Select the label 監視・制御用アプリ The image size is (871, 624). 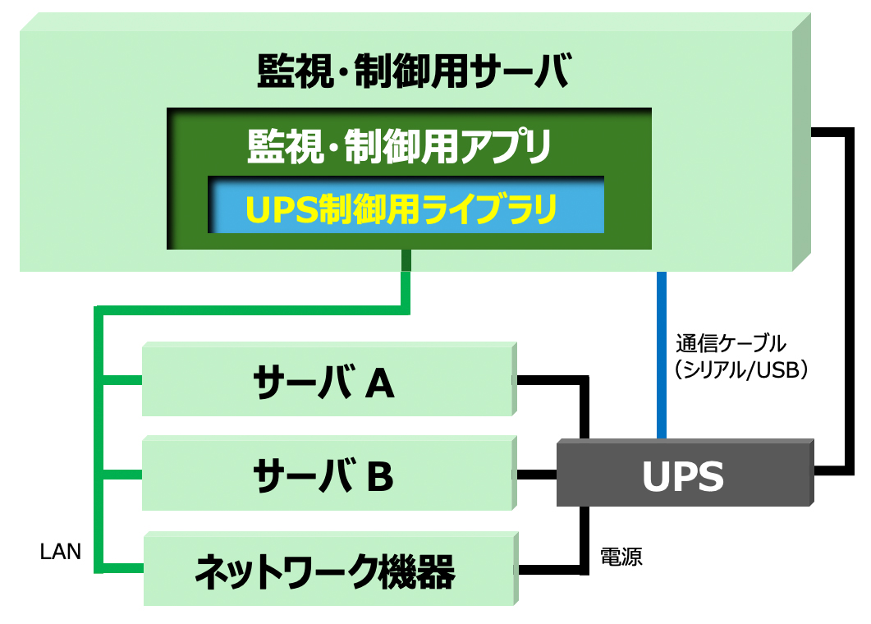(x=399, y=147)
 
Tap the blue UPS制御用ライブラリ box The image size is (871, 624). (x=406, y=208)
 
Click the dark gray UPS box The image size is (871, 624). (x=683, y=475)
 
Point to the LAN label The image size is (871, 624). (x=61, y=552)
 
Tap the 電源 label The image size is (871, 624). (x=621, y=557)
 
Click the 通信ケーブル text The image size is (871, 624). (x=731, y=342)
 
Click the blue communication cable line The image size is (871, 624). (x=661, y=353)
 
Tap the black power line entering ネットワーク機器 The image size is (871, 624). (x=550, y=569)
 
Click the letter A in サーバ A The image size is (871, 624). (x=378, y=382)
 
